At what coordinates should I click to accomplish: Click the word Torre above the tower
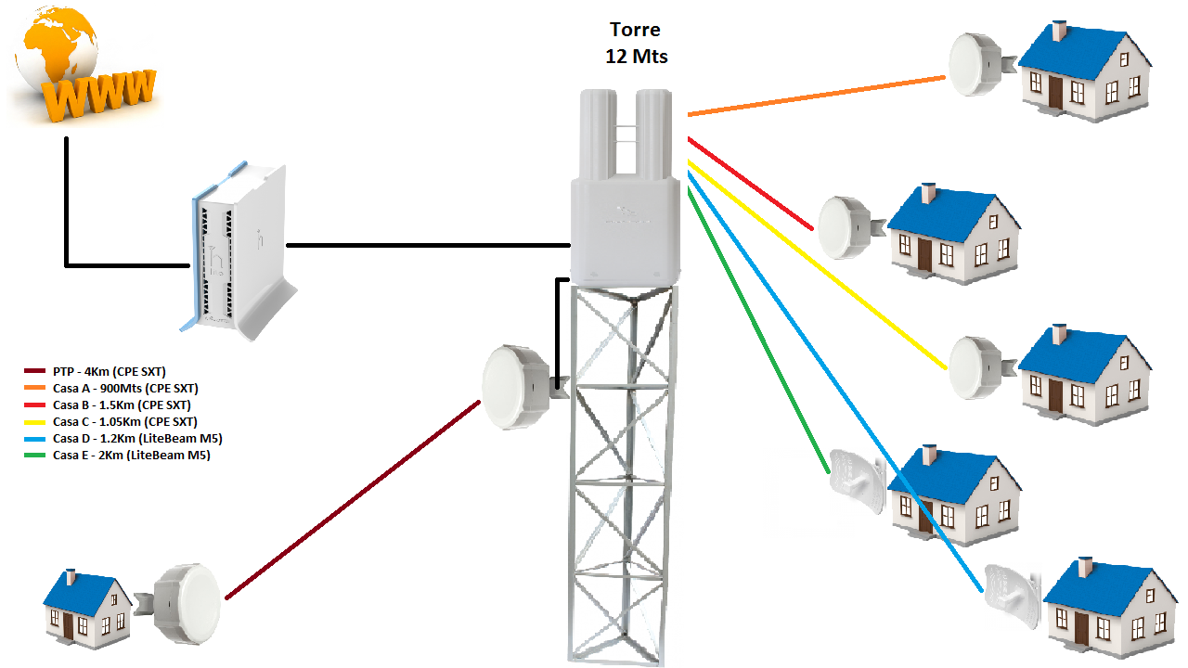pyautogui.click(x=636, y=31)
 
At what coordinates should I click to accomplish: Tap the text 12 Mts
pyautogui.click(x=636, y=57)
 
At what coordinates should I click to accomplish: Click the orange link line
pyautogui.click(x=817, y=96)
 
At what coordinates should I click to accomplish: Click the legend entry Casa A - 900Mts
pyautogui.click(x=125, y=389)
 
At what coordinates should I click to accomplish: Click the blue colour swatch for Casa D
pyautogui.click(x=36, y=438)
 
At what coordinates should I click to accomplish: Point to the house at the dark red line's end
pyautogui.click(x=87, y=607)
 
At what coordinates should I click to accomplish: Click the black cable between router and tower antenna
pyautogui.click(x=427, y=246)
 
